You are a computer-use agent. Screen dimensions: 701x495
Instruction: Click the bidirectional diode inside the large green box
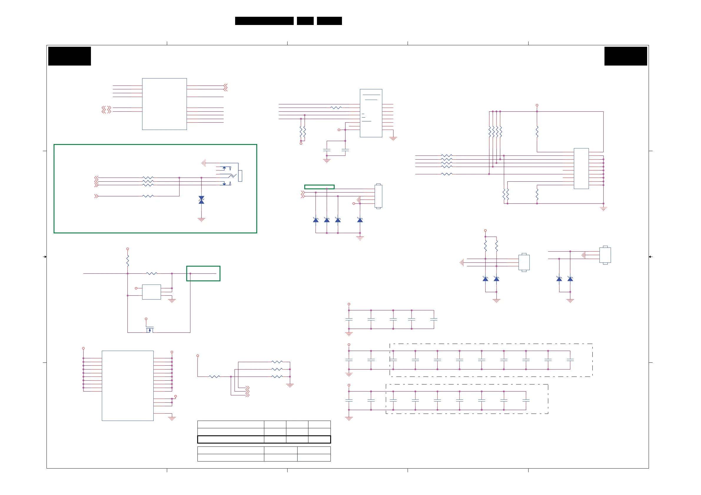[x=201, y=200]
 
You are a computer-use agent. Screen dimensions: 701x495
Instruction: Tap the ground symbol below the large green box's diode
[x=201, y=219]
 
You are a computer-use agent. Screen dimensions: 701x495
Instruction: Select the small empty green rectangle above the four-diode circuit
[x=319, y=187]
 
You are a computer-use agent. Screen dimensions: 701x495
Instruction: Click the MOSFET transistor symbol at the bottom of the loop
[x=149, y=330]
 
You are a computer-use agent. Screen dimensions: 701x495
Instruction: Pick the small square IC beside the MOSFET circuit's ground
[x=152, y=292]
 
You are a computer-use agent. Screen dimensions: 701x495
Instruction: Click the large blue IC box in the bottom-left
[x=128, y=386]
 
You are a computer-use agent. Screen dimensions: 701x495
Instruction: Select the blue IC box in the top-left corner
[x=164, y=104]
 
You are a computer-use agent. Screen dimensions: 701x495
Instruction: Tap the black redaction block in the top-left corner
[x=70, y=56]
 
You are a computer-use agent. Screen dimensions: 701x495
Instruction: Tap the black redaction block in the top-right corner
[x=626, y=56]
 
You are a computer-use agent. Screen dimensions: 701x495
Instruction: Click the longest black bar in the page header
[x=264, y=21]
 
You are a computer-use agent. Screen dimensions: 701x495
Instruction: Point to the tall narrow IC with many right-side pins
[x=581, y=169]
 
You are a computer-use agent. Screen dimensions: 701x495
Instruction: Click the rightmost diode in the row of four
[x=360, y=220]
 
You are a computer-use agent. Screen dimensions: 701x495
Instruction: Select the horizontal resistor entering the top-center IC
[x=336, y=108]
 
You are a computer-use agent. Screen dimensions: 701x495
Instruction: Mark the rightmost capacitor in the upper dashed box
[x=570, y=360]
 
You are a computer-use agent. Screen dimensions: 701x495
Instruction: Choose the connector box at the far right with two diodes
[x=605, y=255]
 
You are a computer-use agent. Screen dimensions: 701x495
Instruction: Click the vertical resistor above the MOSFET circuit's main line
[x=128, y=261]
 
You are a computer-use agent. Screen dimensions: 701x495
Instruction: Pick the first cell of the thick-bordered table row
[x=230, y=439]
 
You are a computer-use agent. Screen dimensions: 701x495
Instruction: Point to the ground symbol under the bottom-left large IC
[x=172, y=419]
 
